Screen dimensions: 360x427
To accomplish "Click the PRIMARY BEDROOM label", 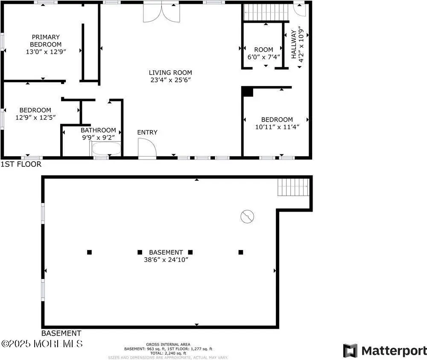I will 45,41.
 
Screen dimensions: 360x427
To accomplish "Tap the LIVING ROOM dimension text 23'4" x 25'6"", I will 170,80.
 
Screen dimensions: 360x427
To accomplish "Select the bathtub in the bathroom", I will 106,149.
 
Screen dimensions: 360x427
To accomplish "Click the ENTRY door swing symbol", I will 146,148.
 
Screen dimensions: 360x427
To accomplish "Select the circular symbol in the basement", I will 247,217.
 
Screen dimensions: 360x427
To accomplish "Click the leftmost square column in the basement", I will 89,252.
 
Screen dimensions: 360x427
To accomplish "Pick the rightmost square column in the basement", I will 241,252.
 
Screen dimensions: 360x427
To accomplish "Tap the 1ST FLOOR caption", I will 21,164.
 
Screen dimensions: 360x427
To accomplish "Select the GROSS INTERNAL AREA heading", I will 168,344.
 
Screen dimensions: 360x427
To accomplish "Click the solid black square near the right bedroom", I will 247,92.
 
